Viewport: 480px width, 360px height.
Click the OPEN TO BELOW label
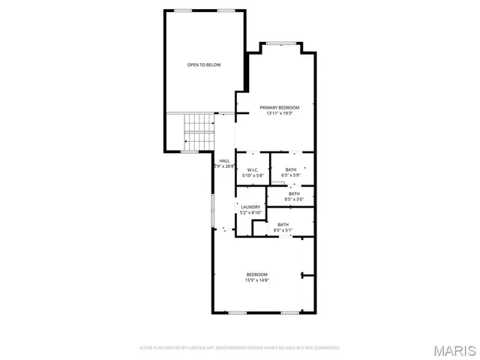[204, 65]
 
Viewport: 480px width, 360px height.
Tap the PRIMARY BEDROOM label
[274, 108]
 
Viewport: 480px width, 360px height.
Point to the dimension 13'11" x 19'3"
[274, 114]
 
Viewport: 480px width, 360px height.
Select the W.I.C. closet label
[253, 169]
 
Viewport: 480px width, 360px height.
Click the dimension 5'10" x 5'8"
[253, 175]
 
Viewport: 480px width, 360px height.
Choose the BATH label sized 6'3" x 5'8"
[290, 169]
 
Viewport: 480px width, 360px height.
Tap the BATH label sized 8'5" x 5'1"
[283, 225]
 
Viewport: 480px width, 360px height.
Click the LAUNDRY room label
[250, 207]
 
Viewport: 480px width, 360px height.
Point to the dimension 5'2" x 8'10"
[250, 213]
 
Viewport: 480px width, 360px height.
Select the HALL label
[224, 160]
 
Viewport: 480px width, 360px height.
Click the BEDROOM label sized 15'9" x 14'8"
[256, 274]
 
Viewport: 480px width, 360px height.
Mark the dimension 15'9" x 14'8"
[256, 280]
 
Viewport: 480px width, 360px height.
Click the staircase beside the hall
[199, 130]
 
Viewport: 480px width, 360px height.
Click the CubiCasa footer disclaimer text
[240, 348]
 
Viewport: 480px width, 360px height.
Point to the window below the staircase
[190, 151]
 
